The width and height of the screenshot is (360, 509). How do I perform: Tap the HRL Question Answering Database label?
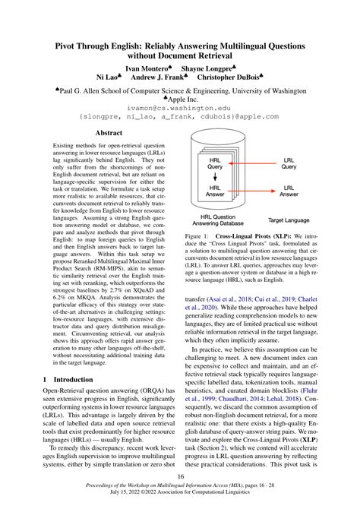click(x=216, y=220)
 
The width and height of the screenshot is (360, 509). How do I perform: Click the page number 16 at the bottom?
click(x=180, y=476)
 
